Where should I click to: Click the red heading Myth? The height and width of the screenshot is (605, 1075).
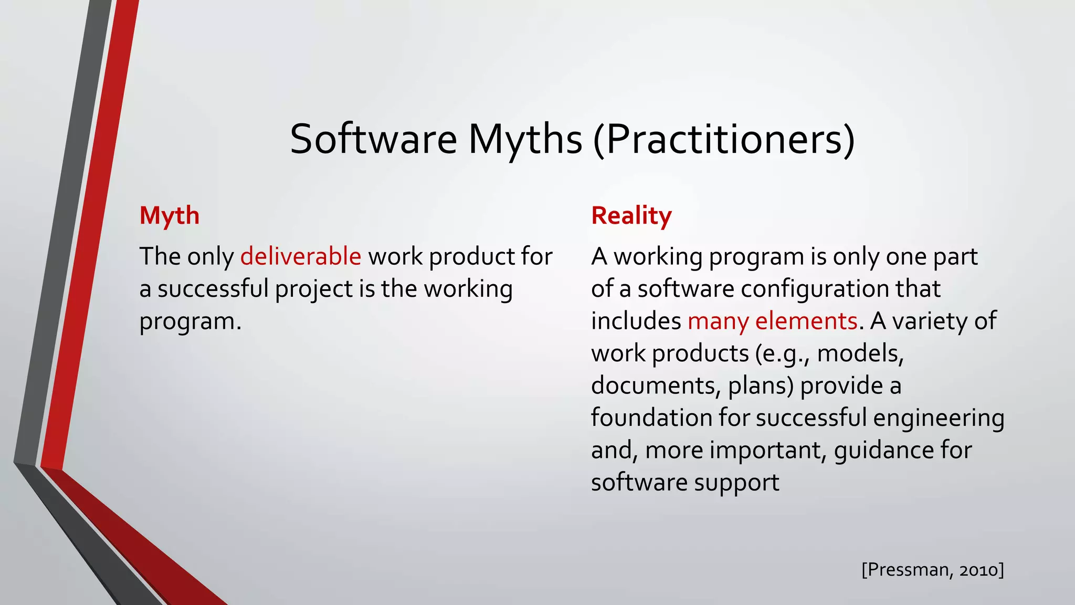(x=169, y=216)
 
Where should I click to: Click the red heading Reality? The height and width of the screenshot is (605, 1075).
(x=631, y=216)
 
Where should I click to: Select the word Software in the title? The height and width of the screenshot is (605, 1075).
(x=373, y=139)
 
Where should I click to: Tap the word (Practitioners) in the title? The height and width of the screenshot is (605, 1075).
(x=724, y=139)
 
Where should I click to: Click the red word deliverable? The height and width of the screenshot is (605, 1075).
(x=301, y=257)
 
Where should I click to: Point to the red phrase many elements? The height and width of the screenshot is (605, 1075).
(x=772, y=321)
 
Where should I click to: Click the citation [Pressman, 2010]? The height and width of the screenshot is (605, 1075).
(x=932, y=570)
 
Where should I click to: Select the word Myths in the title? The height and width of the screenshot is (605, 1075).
(x=525, y=139)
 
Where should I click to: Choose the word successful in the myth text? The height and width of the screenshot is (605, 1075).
(x=213, y=289)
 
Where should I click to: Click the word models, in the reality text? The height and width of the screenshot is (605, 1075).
(x=860, y=354)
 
